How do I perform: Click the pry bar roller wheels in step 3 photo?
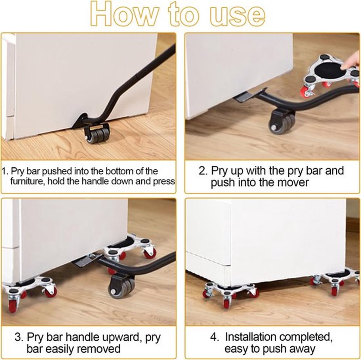click(122, 289)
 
